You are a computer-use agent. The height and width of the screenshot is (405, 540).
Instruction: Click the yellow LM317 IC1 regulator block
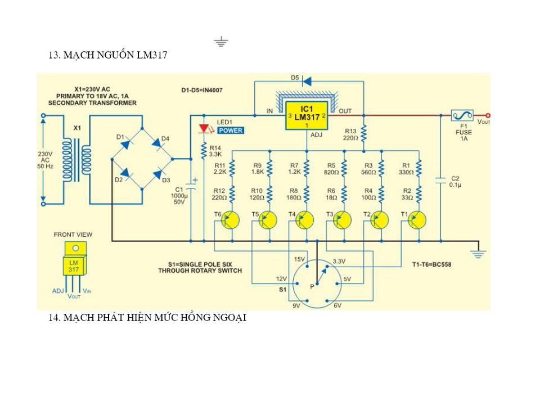(307, 115)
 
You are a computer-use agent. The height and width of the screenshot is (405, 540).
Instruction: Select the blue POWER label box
(231, 130)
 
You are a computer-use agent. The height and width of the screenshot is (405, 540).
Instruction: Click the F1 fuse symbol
(462, 115)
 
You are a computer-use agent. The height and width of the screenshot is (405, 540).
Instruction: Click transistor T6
(229, 220)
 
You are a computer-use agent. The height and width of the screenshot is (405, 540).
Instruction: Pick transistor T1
(417, 220)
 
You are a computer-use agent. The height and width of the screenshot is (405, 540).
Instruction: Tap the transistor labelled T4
(304, 220)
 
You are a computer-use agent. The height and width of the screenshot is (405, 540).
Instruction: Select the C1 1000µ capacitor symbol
(191, 186)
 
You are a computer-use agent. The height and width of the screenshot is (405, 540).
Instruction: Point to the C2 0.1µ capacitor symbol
(441, 180)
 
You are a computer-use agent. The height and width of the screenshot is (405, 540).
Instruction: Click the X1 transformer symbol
(77, 160)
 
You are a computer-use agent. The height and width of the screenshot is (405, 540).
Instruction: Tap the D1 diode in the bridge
(125, 143)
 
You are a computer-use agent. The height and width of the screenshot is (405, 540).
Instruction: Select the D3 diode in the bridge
(158, 174)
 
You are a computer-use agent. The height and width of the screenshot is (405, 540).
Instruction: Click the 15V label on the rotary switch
(299, 259)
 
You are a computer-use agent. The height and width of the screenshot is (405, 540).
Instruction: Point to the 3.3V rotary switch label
(339, 262)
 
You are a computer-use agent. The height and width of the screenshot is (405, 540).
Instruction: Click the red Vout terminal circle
(488, 116)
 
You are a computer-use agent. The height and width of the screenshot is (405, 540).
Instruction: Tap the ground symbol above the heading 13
(220, 41)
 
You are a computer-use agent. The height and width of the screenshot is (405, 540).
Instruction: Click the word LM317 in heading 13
(152, 55)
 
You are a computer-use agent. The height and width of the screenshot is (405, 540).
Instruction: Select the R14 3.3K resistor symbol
(204, 151)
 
